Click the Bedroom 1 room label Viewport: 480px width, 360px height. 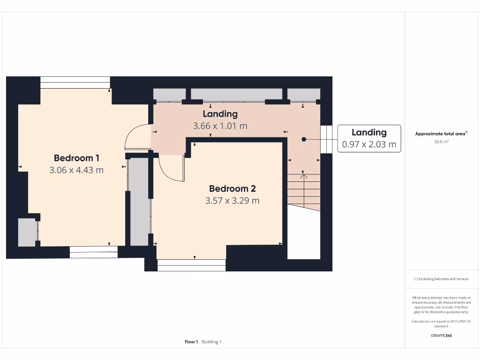[x=76, y=158]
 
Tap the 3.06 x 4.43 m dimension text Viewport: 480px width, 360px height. [x=76, y=170]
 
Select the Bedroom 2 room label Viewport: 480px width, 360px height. [x=232, y=188]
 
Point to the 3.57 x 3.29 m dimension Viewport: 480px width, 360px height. [x=232, y=201]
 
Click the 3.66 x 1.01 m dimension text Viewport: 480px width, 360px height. [x=220, y=126]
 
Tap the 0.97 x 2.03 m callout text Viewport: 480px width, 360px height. [x=369, y=144]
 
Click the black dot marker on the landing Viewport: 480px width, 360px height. [x=304, y=139]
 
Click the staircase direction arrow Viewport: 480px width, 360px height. [x=304, y=191]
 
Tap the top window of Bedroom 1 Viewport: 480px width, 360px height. [x=75, y=82]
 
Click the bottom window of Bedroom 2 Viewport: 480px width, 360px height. [x=192, y=265]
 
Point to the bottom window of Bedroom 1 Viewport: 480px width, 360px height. [x=94, y=252]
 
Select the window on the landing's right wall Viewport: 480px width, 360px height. [x=326, y=139]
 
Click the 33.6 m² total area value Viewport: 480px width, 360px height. [x=441, y=142]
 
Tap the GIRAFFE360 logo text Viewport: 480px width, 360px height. [x=441, y=336]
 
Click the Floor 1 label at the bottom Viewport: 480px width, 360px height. [x=191, y=342]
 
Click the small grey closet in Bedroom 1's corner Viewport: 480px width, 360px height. [x=27, y=232]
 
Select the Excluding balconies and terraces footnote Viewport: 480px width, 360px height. [x=441, y=279]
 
